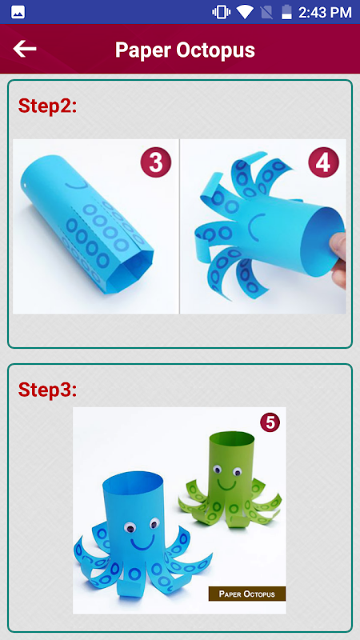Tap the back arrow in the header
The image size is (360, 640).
(25, 49)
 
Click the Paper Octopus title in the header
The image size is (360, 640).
(185, 50)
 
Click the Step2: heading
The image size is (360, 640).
(47, 106)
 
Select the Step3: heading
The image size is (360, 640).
(47, 390)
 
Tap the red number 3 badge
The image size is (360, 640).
(156, 162)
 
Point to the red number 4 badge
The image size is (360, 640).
(323, 162)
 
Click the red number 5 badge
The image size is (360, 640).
(270, 422)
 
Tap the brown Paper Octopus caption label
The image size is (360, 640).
(247, 594)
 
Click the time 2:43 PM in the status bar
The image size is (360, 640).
(325, 12)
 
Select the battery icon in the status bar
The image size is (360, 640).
(287, 12)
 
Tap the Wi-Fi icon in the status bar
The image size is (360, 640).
(245, 12)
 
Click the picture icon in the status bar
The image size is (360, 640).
(18, 12)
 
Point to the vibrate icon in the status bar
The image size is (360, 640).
(222, 12)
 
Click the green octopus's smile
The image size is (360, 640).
(227, 486)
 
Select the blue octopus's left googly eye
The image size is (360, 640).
(130, 528)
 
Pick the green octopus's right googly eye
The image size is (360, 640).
(237, 472)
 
